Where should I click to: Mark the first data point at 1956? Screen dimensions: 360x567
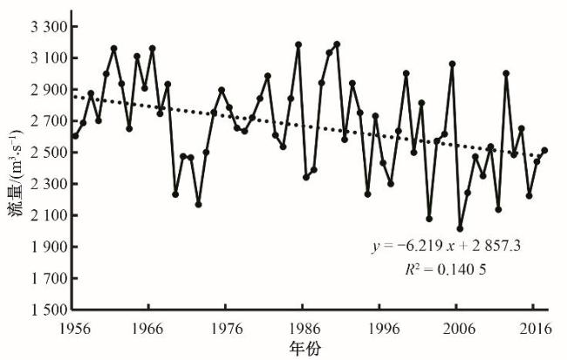coord(75,136)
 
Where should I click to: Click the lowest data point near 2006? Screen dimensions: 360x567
coord(460,229)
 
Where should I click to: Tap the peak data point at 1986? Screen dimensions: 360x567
coord(298,44)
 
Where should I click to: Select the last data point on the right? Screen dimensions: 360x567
coord(544,150)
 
